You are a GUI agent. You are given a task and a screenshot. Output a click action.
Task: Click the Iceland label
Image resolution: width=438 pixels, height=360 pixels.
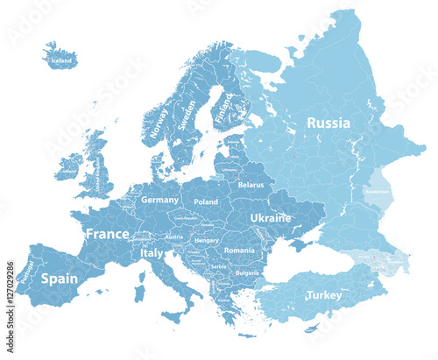[x=61, y=61]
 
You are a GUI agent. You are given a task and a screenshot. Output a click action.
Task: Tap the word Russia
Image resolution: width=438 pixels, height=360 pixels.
[x=328, y=124]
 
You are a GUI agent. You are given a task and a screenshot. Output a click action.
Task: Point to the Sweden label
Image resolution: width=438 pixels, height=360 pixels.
[x=187, y=115]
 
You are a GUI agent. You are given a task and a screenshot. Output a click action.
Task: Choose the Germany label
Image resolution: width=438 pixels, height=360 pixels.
[x=160, y=200]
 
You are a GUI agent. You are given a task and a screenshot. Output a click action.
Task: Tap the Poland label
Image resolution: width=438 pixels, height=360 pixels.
[x=206, y=201]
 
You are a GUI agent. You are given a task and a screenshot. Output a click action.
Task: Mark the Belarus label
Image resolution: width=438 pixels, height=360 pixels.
[x=251, y=186]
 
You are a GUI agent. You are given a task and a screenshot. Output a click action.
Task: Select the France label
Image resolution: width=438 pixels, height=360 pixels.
[x=107, y=234]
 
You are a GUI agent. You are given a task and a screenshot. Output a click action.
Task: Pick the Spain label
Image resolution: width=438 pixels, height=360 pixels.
[x=60, y=279]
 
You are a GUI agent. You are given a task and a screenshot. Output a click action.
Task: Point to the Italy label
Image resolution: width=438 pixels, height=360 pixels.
[x=152, y=253]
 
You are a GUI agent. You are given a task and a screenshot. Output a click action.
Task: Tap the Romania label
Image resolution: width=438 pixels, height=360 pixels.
[x=239, y=251]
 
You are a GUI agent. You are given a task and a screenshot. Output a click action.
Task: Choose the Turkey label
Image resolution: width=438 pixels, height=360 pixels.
[x=324, y=296]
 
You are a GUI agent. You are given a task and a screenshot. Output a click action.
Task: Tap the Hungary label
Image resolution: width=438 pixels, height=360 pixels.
[x=208, y=239]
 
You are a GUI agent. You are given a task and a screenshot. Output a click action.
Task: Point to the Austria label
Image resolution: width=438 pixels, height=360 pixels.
[x=174, y=236]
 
